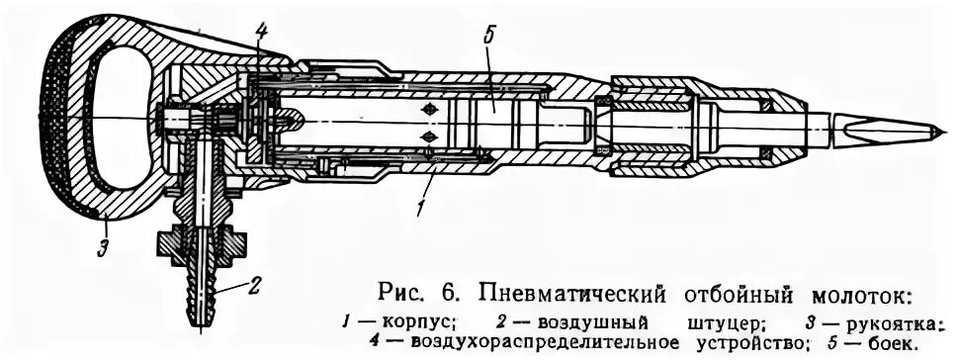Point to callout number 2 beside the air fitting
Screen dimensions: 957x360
[x=254, y=288]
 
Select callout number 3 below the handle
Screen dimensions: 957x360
[x=102, y=248]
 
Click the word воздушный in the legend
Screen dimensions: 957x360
[x=589, y=322]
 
